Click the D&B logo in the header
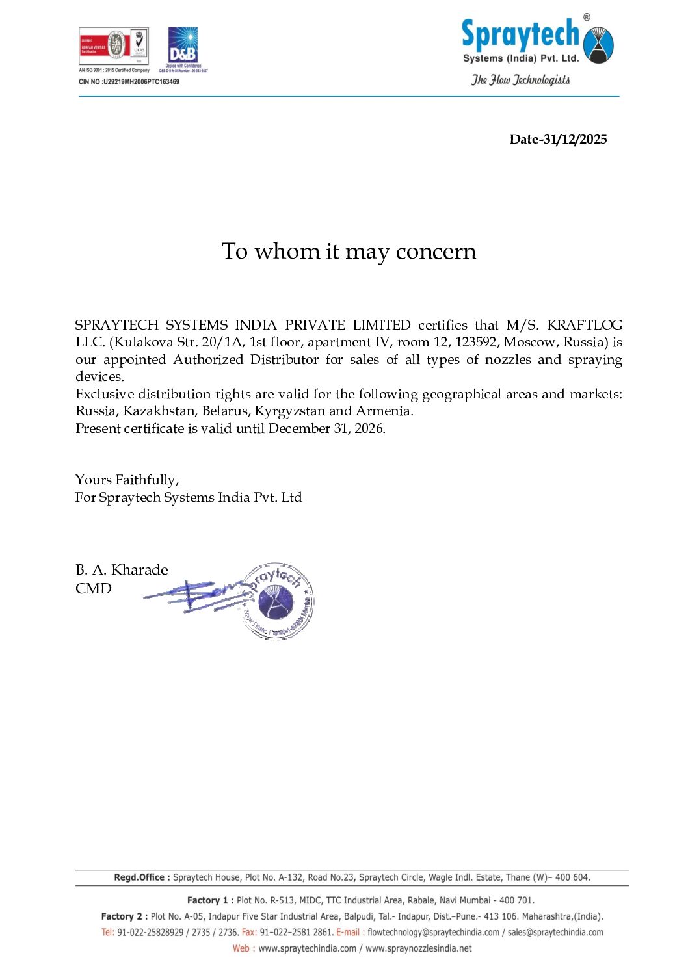[x=183, y=45]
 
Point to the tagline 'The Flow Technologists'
[x=520, y=80]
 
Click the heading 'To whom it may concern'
[x=349, y=252]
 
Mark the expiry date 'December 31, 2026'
[x=326, y=428]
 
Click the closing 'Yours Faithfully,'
[x=127, y=480]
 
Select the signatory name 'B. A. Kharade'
[x=122, y=569]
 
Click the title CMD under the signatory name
[x=94, y=588]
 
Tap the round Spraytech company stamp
[x=278, y=601]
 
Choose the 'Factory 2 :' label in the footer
[x=124, y=916]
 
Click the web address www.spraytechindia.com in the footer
[x=308, y=948]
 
